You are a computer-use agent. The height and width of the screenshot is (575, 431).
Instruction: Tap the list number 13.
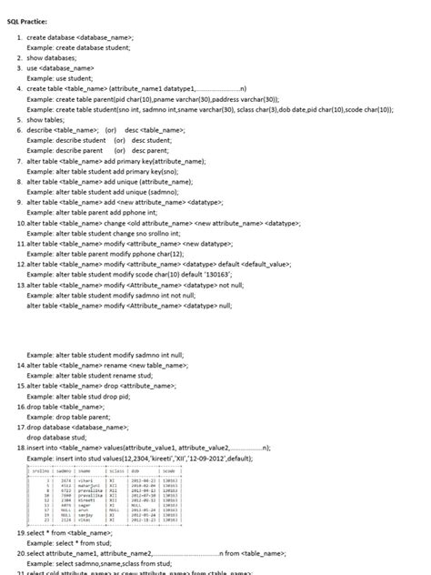(21, 284)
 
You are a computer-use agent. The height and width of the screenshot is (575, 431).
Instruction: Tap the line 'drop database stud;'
(56, 438)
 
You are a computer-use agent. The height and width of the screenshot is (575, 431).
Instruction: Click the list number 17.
(21, 427)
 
